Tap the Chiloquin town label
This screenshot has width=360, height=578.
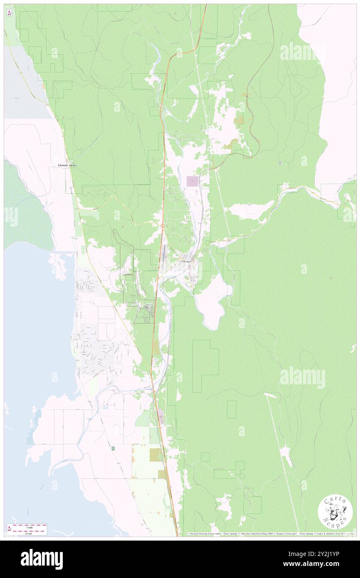coord(185,262)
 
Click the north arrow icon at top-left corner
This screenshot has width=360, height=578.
coord(9,12)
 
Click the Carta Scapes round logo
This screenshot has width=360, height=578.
coord(335,513)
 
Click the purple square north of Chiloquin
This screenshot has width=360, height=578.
coord(192,181)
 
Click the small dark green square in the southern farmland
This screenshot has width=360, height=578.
coord(113,448)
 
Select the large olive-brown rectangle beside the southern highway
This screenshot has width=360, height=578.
coord(154,454)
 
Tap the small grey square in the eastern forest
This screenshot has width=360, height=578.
coord(281,163)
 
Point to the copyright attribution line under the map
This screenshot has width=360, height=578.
coord(270,534)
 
